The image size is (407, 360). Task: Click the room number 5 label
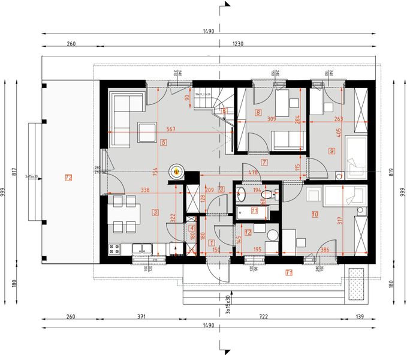(x=163, y=143)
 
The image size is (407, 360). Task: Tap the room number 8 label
(x=258, y=112)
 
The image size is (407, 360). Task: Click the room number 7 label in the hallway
(x=264, y=163)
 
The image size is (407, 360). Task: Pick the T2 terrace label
(x=69, y=177)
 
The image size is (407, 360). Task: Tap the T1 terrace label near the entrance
(x=289, y=272)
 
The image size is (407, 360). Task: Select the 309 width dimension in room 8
(x=271, y=119)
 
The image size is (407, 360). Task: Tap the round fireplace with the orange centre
(x=177, y=171)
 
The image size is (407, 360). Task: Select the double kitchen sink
(x=142, y=247)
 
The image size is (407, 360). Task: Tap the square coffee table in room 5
(x=146, y=131)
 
